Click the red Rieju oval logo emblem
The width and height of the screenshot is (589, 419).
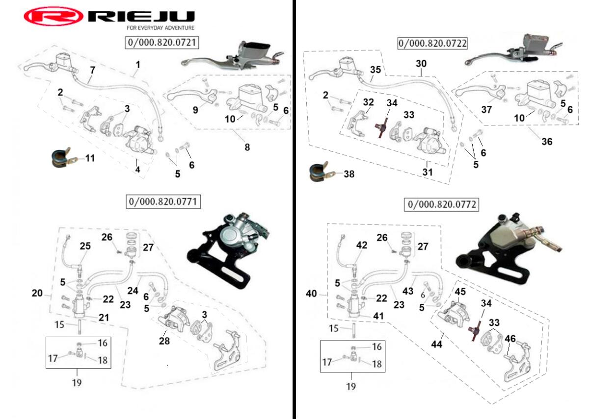coord(54,17)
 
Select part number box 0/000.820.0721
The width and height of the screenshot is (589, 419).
coord(162,43)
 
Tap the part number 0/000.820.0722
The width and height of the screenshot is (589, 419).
coord(432,43)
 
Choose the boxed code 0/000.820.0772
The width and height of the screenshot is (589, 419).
coord(441,204)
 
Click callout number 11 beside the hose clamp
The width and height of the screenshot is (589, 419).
coord(90,158)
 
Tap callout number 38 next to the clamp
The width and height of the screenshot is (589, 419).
coord(348,173)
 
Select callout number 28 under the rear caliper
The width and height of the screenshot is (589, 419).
coord(164,340)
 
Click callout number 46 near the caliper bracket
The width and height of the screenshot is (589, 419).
coord(510,338)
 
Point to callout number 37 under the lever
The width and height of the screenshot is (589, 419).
coord(486,110)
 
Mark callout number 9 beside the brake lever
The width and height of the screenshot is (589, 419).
coord(196,110)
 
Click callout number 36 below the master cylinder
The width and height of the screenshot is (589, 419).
coord(547,142)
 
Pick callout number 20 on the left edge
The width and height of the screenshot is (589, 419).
coord(37,293)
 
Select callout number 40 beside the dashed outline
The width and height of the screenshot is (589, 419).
coord(311,294)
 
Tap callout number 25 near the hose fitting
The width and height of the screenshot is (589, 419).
coord(85,246)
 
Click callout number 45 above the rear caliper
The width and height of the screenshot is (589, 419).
coord(460,292)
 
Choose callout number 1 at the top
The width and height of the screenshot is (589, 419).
coord(138,64)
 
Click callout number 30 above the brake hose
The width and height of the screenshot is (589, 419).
coord(421,64)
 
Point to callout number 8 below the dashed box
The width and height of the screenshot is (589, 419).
coord(247,147)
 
